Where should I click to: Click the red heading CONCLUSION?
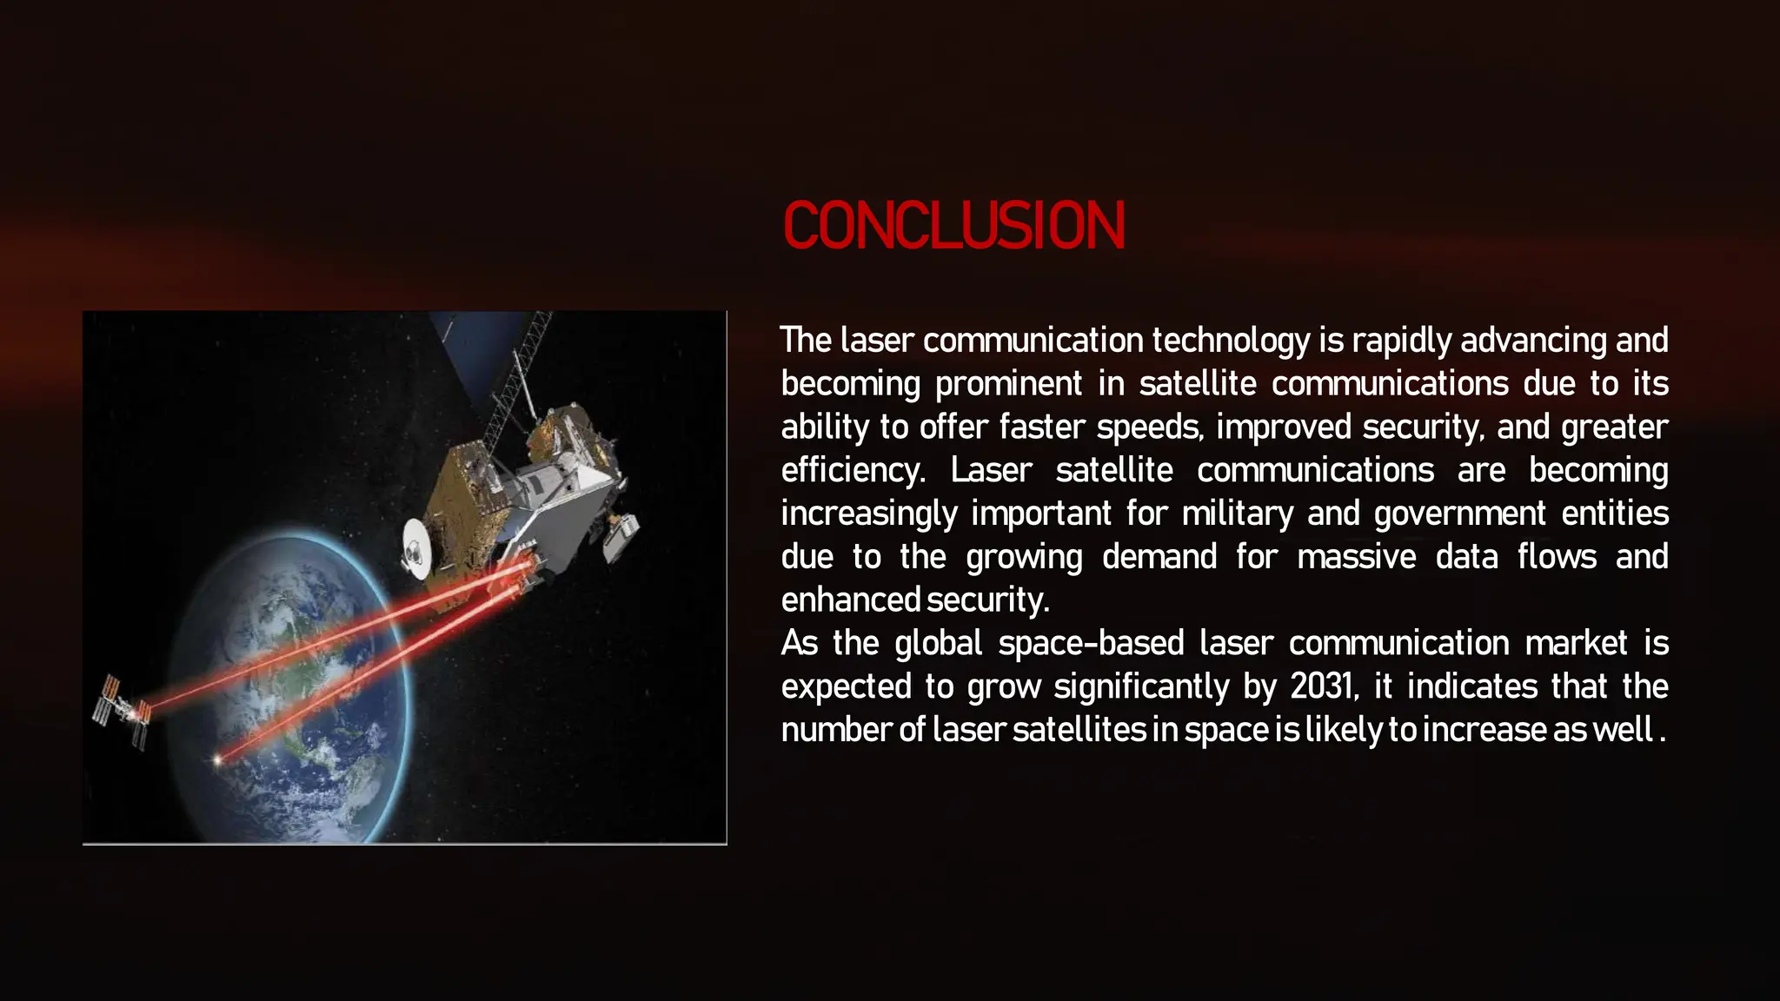pos(953,225)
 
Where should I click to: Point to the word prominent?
pos(1008,384)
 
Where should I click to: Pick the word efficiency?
pos(852,470)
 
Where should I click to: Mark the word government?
pos(1459,514)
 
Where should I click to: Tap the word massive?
pos(1356,556)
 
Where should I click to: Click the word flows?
pos(1557,556)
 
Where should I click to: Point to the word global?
pos(938,643)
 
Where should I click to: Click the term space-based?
pos(1091,643)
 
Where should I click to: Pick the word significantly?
pos(1141,686)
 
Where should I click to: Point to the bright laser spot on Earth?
pos(217,760)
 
